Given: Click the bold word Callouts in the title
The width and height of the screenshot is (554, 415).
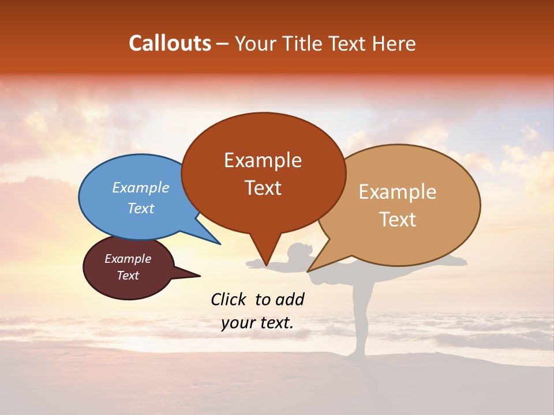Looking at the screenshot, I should [x=170, y=43].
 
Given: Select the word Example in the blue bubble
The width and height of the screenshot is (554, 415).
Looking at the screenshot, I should [x=141, y=187].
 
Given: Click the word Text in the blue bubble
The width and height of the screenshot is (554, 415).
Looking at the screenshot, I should [x=141, y=208].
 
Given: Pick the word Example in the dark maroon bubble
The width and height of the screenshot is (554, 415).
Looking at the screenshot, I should [x=128, y=259].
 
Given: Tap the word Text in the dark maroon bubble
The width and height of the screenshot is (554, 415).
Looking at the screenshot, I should [x=128, y=276].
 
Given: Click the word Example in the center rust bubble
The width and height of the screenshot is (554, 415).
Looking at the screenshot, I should [x=263, y=160].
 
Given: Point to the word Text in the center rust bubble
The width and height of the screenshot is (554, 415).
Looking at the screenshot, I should [x=263, y=188].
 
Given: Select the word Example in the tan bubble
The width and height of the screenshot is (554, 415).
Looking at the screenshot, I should [x=398, y=192].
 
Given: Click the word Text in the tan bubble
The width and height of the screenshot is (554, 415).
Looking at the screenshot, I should [x=398, y=220].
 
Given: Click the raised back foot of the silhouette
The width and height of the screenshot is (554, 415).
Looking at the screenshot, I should [x=459, y=261].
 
